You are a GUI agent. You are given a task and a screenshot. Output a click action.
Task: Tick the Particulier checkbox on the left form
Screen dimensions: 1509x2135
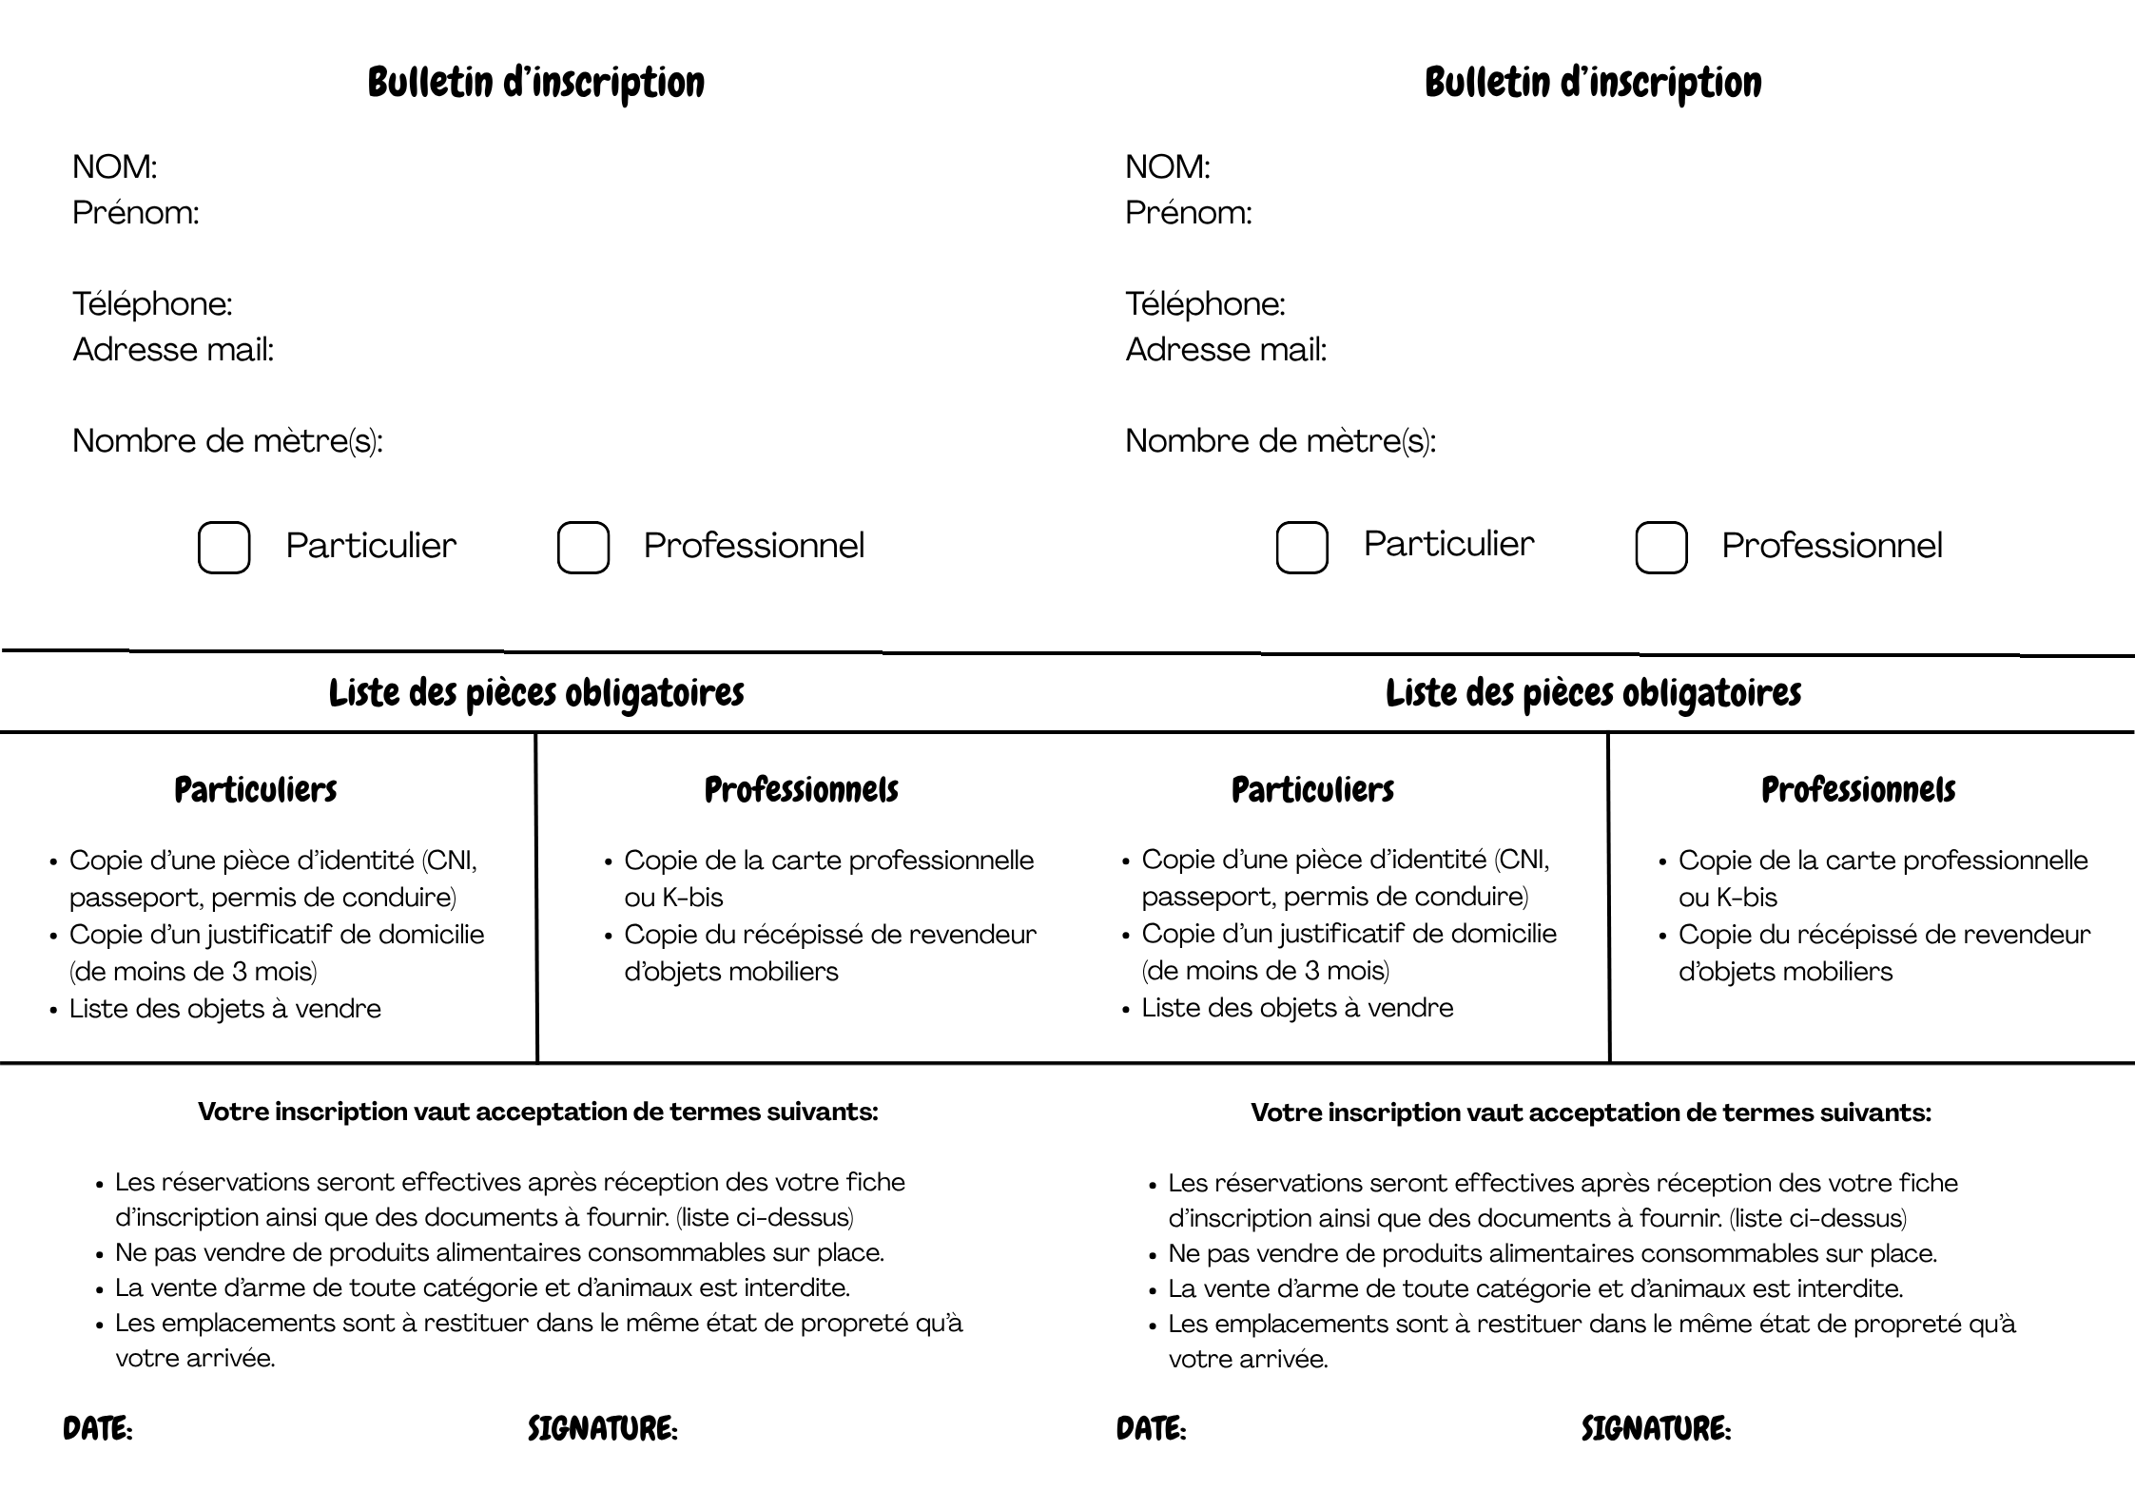pos(224,548)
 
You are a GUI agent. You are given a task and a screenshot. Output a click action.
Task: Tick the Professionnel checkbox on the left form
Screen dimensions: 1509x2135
pos(583,548)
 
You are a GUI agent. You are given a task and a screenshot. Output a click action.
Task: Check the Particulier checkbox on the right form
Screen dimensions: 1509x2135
pos(1302,548)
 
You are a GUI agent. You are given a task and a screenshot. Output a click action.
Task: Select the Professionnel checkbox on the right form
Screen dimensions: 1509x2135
pos(1661,548)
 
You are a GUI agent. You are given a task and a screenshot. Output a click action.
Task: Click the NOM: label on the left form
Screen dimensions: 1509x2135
pos(115,167)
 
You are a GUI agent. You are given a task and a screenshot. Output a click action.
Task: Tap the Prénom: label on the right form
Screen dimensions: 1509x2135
pos(1188,213)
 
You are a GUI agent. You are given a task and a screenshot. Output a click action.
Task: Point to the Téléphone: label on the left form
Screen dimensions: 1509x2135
pos(152,304)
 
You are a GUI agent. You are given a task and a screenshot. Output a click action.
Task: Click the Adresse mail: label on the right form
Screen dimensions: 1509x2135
pos(1226,350)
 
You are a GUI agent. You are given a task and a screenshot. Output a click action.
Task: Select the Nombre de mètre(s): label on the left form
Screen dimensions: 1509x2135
pos(227,441)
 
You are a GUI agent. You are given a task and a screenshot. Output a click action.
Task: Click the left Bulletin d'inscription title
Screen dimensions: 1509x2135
pos(536,84)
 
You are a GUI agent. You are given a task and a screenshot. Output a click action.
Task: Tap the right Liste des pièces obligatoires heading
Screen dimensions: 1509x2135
pos(1593,693)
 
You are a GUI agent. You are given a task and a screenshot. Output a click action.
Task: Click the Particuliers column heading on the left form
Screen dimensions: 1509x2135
pos(256,790)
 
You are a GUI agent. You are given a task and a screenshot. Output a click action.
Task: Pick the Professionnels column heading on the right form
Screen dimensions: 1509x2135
pos(1858,790)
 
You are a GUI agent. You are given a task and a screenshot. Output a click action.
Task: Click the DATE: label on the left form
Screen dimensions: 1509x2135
pos(98,1429)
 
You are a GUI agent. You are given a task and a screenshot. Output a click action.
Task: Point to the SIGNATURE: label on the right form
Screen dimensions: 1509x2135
pos(1656,1429)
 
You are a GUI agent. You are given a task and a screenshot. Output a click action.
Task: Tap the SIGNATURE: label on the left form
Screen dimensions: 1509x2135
pos(603,1429)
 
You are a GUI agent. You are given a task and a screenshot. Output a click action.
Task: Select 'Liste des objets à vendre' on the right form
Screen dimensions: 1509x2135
pos(1297,1008)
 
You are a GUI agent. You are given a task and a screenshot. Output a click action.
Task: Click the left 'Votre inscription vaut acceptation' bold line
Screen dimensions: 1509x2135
pos(538,1112)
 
